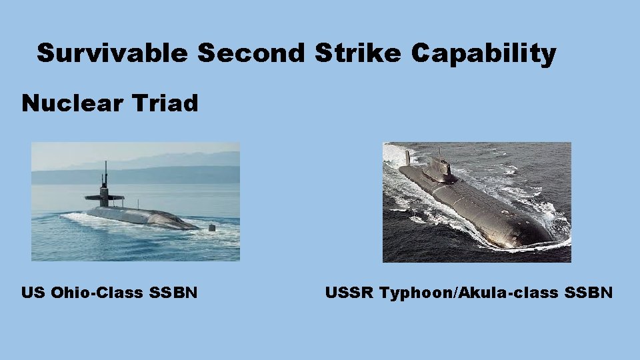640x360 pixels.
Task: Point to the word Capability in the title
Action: (x=483, y=53)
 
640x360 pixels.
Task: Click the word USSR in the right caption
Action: (x=349, y=292)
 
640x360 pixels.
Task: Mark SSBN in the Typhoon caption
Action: (x=591, y=292)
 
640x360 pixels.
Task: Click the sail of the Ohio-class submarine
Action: (x=105, y=197)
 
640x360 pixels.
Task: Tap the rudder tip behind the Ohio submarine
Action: (x=213, y=227)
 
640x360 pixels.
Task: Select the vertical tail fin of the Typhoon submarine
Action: (x=407, y=158)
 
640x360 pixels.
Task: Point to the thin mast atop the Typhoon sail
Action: (x=439, y=153)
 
